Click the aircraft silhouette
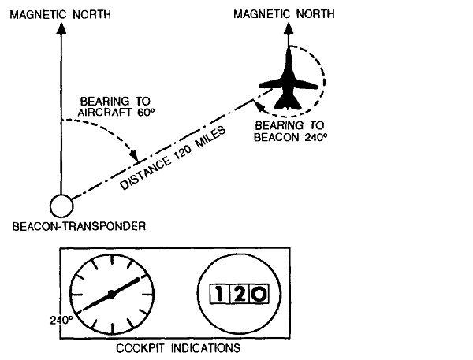point(288,79)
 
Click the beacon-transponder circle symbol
point(60,206)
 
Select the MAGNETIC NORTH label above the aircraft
point(290,13)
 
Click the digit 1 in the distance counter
point(219,295)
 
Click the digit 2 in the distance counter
point(238,295)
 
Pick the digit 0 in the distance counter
point(258,295)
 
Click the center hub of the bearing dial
point(112,293)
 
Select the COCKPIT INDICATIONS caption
point(175,346)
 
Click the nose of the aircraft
point(289,50)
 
